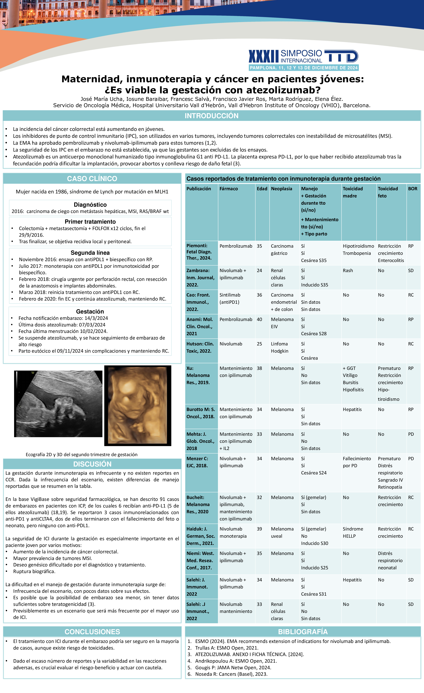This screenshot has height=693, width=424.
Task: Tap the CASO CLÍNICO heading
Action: (x=92, y=179)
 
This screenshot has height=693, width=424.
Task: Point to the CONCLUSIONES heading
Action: (x=92, y=632)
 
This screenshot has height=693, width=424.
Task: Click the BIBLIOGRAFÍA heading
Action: (x=303, y=632)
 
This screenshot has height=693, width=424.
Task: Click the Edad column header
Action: (x=262, y=189)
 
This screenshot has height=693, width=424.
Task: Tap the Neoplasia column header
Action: (x=281, y=189)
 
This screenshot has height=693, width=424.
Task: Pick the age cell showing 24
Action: (x=259, y=270)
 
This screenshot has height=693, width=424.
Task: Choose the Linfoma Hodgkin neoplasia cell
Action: (x=280, y=347)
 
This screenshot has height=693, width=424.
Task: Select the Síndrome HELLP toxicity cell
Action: (x=353, y=532)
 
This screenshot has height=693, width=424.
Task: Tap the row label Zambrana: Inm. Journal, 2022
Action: (x=200, y=278)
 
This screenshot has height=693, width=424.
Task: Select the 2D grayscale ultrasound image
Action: (x=58, y=404)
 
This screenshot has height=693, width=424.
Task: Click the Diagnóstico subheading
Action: (x=90, y=205)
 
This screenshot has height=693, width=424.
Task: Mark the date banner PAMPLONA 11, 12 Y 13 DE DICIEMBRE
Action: (x=304, y=68)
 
